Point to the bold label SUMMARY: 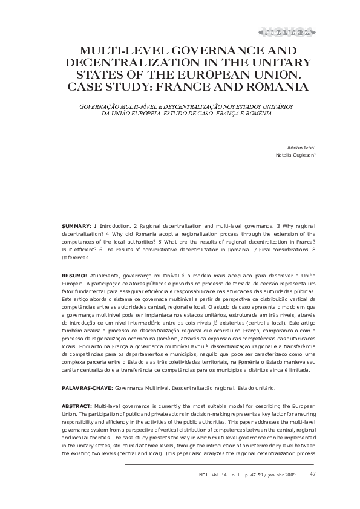[x=77, y=225]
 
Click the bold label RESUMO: [x=76, y=275]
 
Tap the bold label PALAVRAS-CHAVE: [x=87, y=386]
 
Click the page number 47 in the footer [x=312, y=473]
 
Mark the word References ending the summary [x=76, y=257]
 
